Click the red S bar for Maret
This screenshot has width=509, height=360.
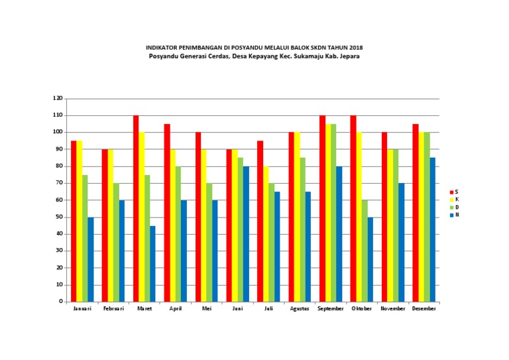click(x=136, y=208)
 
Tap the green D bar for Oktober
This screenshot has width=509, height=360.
click(x=364, y=251)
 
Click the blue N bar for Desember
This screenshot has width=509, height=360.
click(x=433, y=229)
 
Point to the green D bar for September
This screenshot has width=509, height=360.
click(x=333, y=212)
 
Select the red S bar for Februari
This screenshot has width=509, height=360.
click(x=105, y=225)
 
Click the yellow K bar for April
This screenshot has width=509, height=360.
click(x=173, y=225)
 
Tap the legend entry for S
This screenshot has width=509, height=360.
click(x=453, y=192)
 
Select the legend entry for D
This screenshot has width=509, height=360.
click(x=453, y=208)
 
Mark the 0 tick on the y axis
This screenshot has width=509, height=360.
click(x=61, y=302)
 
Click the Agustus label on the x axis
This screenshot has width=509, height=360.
click(x=300, y=309)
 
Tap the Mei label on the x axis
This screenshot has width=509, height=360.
click(x=207, y=309)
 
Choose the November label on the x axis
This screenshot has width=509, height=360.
click(x=393, y=309)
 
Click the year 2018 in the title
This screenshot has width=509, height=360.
click(x=355, y=48)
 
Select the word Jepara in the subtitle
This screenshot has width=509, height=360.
click(x=346, y=56)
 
